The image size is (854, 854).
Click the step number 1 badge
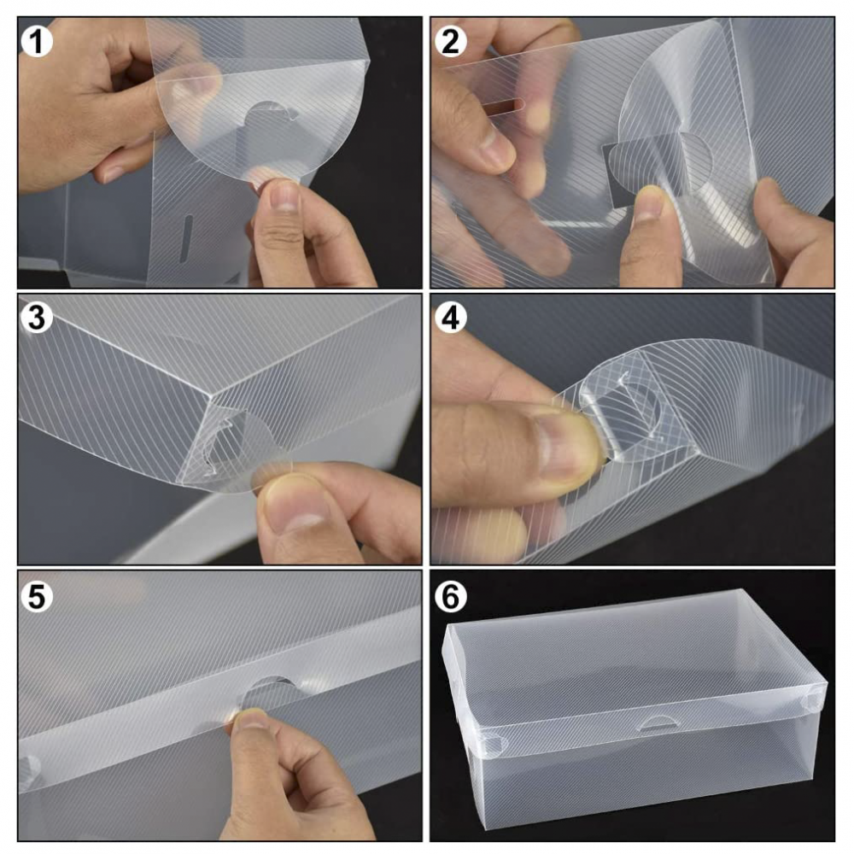point(37,41)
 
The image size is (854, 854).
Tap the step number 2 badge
point(450,41)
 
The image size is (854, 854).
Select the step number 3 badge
point(37,318)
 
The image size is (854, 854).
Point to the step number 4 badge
point(450,318)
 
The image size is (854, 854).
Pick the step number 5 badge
point(37,597)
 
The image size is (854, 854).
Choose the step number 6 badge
point(450,597)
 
